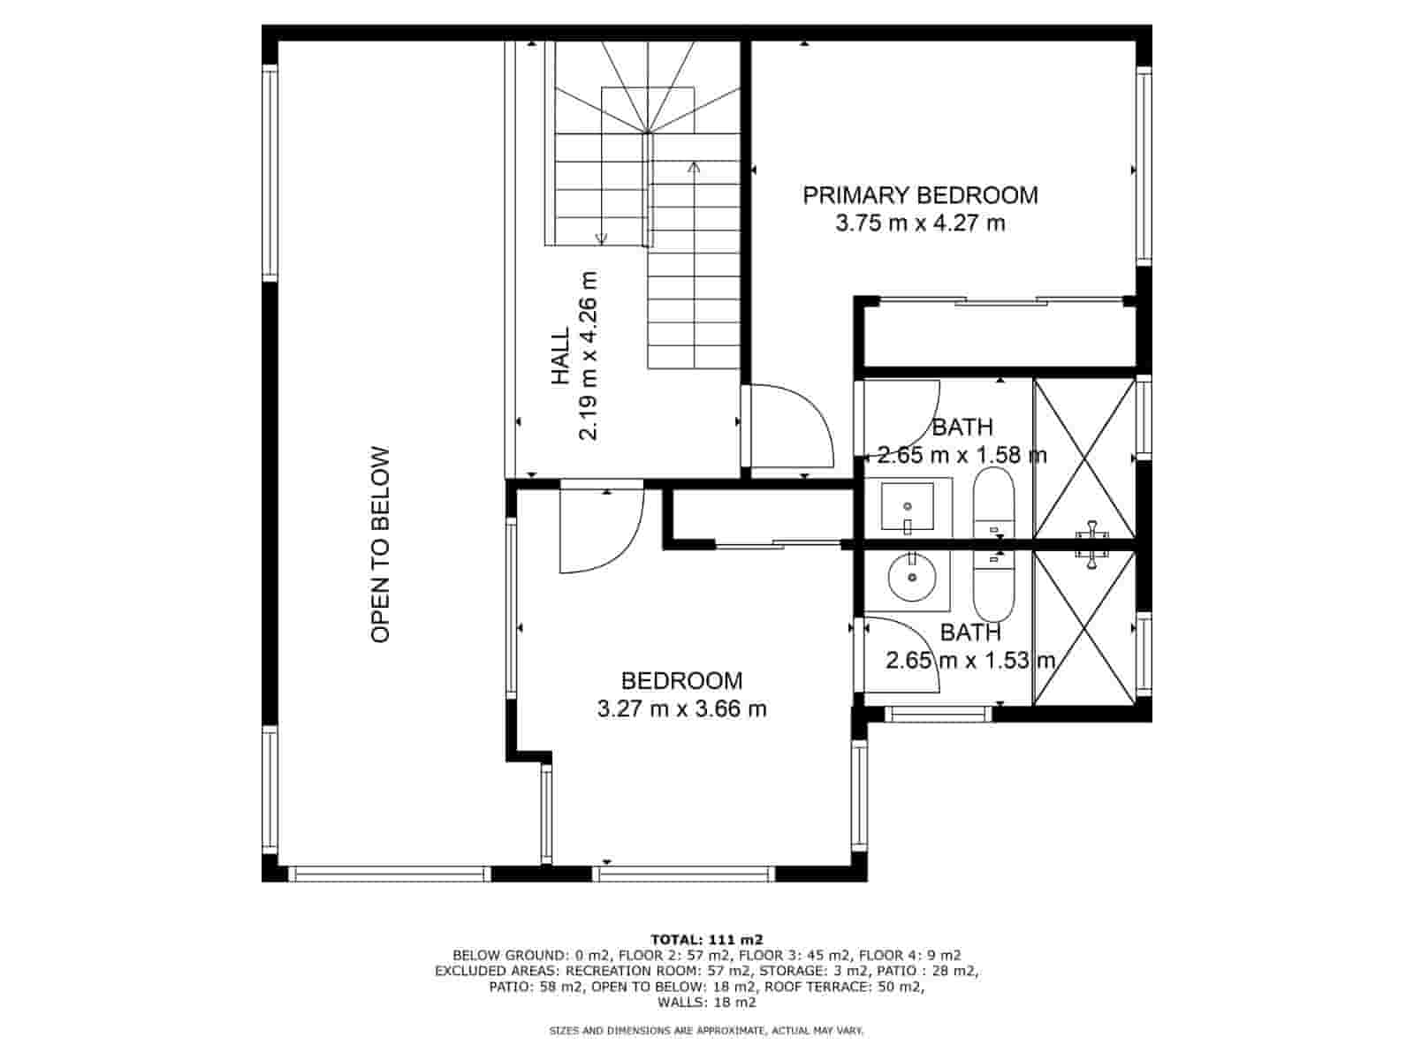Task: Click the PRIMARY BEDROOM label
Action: (919, 195)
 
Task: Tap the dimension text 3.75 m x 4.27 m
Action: (919, 223)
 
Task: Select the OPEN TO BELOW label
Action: (381, 544)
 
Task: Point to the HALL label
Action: (561, 356)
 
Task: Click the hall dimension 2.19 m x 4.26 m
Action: (589, 356)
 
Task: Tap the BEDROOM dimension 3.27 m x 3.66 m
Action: (681, 708)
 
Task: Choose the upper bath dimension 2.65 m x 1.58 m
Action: (962, 455)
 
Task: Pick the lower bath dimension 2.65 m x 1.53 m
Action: (970, 660)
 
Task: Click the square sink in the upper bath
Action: (908, 507)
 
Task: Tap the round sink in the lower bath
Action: (912, 577)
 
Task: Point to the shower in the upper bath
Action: (1084, 458)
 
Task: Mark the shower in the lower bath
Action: (1084, 627)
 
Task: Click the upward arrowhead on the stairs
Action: (694, 167)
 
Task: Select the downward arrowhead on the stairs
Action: (601, 238)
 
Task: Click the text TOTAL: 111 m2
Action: (707, 940)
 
